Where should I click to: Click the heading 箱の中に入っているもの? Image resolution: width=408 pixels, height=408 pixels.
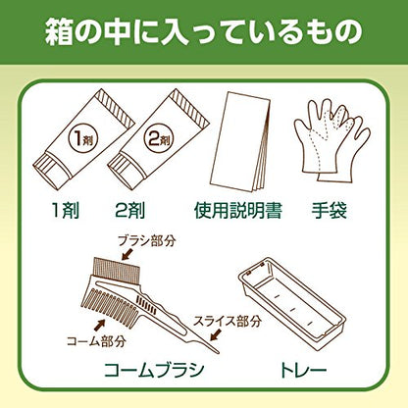click(x=203, y=32)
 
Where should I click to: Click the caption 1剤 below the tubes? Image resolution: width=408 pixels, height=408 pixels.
click(x=66, y=210)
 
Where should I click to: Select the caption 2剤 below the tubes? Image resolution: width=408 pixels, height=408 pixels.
click(x=130, y=210)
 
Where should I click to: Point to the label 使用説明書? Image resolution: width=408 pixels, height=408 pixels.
click(x=238, y=210)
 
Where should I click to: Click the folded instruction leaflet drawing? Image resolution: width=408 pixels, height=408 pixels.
click(x=240, y=142)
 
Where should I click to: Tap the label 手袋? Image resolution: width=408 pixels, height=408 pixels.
click(x=329, y=210)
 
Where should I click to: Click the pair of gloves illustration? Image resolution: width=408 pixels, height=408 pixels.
click(x=331, y=140)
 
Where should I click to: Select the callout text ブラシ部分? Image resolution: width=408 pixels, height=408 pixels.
click(x=147, y=241)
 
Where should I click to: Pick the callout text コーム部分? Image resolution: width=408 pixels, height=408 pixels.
click(x=96, y=341)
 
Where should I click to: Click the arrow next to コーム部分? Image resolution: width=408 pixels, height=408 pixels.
click(x=99, y=325)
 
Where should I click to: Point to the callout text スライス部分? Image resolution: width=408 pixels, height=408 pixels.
click(x=228, y=321)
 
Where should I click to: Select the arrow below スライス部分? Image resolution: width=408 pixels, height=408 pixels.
click(x=216, y=333)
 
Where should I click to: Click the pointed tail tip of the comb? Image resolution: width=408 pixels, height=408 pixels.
click(x=219, y=352)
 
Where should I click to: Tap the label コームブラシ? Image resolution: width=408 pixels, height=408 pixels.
click(x=154, y=370)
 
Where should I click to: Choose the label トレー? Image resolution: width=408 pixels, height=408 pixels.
click(x=304, y=370)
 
